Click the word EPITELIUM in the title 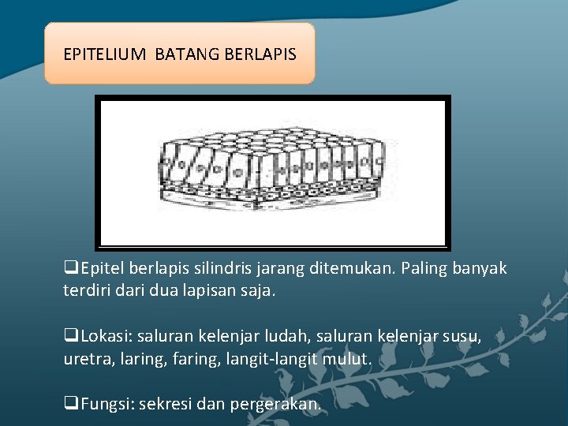(x=104, y=54)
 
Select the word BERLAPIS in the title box (x=260, y=54)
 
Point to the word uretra (x=85, y=359)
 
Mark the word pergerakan (x=276, y=405)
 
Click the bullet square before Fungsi (x=69, y=405)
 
